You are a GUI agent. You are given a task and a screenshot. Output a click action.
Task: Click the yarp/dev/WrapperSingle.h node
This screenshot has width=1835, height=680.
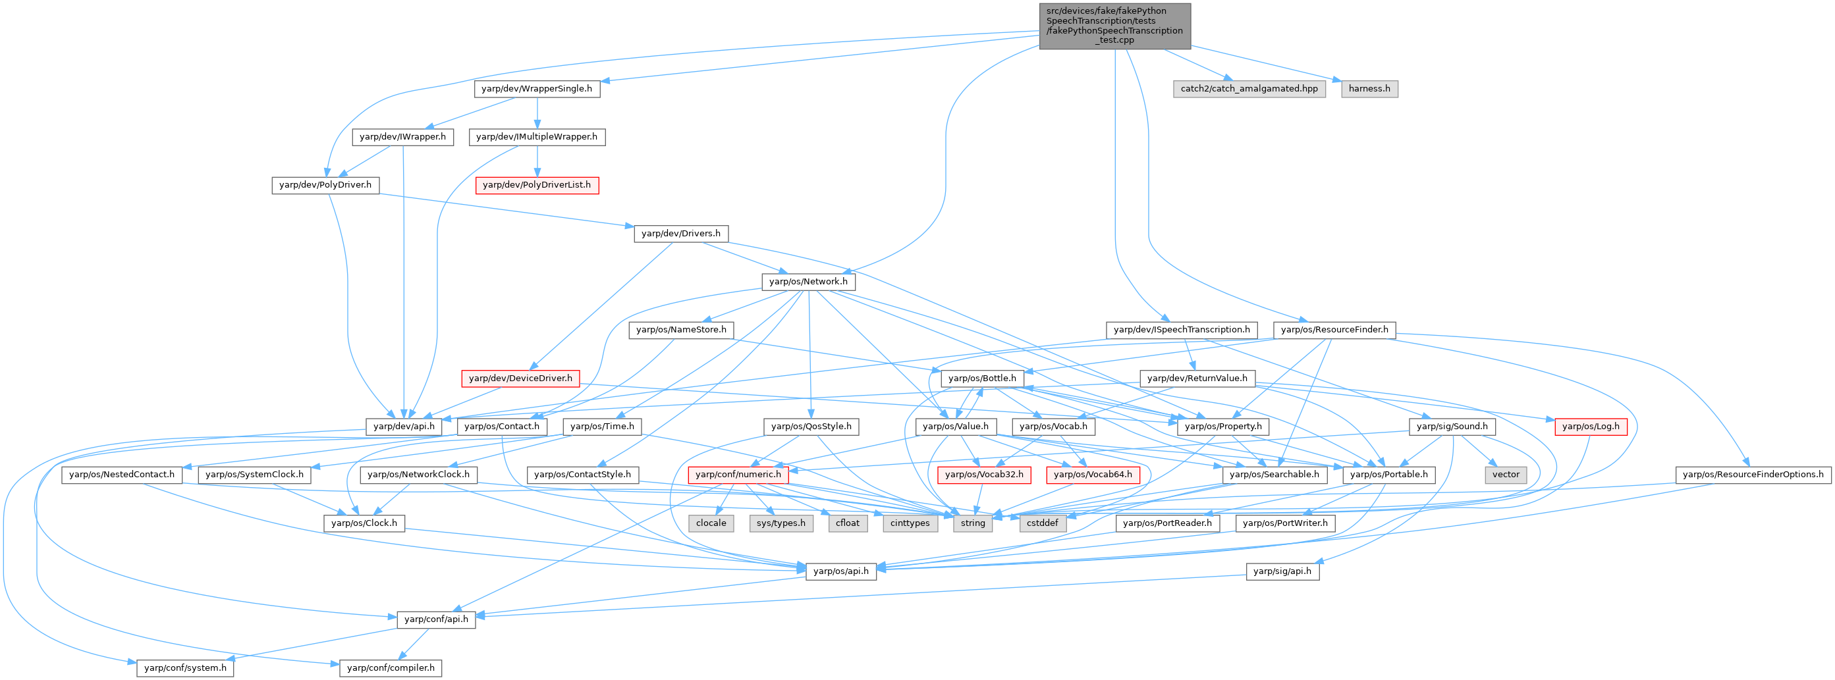pyautogui.click(x=536, y=89)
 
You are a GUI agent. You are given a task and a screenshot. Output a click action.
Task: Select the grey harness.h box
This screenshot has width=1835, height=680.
pyautogui.click(x=1369, y=89)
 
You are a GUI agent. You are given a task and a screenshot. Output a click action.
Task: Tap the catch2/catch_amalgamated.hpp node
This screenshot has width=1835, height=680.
pyautogui.click(x=1249, y=89)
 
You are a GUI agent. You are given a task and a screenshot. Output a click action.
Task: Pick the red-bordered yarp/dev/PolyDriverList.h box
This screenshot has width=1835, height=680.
pyautogui.click(x=536, y=185)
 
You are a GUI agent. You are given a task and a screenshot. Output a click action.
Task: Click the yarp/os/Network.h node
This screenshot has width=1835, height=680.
pyautogui.click(x=809, y=282)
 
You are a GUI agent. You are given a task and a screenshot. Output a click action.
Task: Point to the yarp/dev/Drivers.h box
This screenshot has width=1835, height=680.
pyautogui.click(x=680, y=234)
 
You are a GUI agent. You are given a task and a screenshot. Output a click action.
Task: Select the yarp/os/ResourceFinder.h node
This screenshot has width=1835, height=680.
pyautogui.click(x=1334, y=330)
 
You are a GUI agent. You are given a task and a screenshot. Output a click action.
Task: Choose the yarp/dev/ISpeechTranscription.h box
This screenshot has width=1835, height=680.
pyautogui.click(x=1181, y=330)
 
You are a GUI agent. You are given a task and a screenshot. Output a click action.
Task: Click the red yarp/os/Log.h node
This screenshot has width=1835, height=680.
pyautogui.click(x=1590, y=427)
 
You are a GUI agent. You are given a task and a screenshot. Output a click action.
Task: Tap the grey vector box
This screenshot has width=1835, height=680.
pyautogui.click(x=1506, y=475)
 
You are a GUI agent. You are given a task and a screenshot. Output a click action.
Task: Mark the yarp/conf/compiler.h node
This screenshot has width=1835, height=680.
pyautogui.click(x=391, y=668)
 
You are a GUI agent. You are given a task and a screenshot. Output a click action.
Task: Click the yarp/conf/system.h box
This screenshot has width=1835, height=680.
pyautogui.click(x=185, y=668)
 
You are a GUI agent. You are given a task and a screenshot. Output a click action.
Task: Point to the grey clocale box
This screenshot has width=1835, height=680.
pyautogui.click(x=711, y=523)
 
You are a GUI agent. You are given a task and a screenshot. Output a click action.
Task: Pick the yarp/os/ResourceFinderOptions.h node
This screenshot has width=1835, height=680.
pyautogui.click(x=1753, y=475)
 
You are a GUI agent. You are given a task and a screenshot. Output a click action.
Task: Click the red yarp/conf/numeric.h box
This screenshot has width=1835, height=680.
pyautogui.click(x=738, y=475)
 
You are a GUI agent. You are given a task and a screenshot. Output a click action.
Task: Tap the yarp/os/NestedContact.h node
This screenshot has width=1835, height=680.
pyautogui.click(x=122, y=475)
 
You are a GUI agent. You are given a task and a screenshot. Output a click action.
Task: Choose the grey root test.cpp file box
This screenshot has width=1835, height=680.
pyautogui.click(x=1114, y=26)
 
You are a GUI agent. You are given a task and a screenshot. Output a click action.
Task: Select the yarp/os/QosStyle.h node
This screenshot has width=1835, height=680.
pyautogui.click(x=811, y=427)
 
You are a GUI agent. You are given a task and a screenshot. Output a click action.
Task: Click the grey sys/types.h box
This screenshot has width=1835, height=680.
pyautogui.click(x=781, y=523)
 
